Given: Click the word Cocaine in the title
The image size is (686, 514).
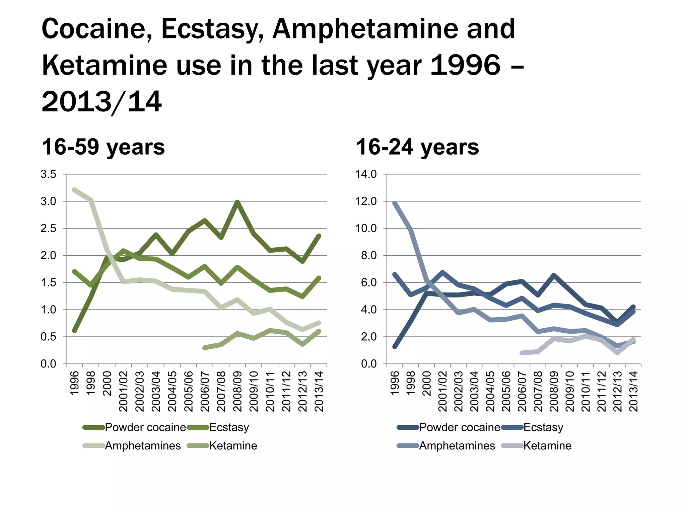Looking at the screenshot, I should click(96, 29).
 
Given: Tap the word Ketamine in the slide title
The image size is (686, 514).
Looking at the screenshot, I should click(104, 66).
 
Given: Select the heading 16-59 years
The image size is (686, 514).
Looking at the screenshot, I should click(103, 147).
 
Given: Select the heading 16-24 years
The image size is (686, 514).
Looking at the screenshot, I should click(417, 147).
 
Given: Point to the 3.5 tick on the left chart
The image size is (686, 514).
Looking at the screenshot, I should click(48, 174).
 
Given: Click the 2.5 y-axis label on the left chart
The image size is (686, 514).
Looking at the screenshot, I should click(48, 229).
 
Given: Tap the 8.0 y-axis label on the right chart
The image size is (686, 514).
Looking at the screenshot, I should click(368, 256).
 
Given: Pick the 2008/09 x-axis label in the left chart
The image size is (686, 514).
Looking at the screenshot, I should click(237, 391).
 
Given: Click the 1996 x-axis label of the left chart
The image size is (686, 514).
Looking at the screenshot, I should click(74, 383).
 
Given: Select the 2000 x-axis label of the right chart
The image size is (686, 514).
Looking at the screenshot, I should click(426, 383).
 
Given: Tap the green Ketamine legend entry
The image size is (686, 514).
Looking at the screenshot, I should click(233, 446).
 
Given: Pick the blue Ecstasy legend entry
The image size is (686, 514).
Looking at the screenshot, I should click(543, 427).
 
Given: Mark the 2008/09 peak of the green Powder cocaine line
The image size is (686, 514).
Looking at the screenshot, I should click(237, 202).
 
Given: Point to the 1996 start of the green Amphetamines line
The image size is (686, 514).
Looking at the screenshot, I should click(74, 190).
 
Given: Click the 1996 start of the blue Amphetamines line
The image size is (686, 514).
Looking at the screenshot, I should click(395, 203).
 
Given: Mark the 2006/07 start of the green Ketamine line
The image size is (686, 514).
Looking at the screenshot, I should click(205, 348).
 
